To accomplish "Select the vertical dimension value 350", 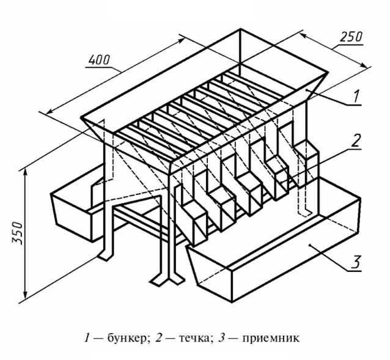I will pos(18,231).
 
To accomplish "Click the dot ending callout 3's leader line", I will pos(311,245).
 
